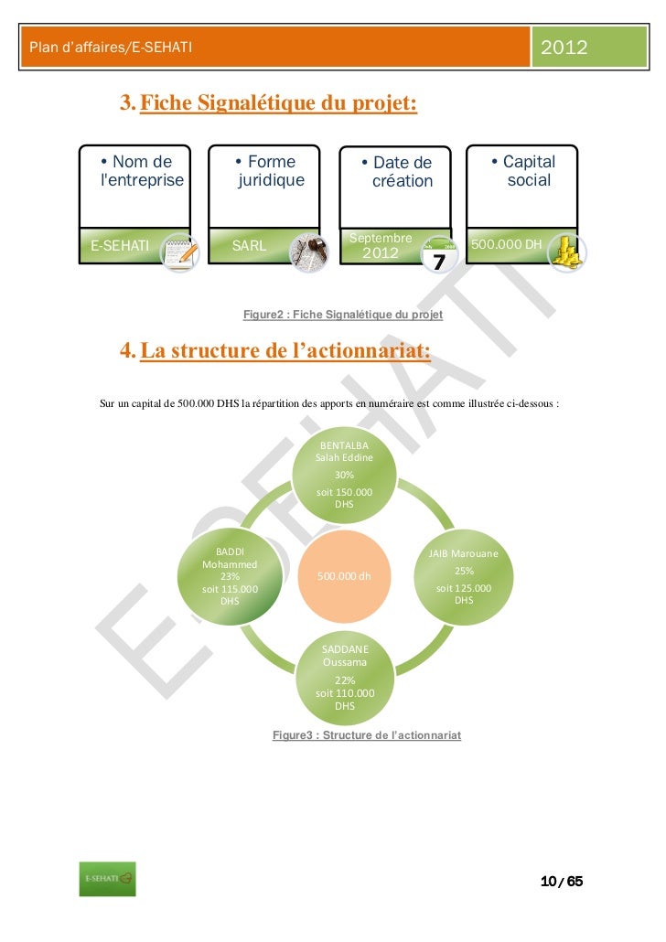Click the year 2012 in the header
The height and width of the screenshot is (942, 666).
pos(565,47)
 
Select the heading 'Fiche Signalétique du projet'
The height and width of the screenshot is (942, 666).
pos(278,105)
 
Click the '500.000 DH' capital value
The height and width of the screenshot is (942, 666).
pos(506,245)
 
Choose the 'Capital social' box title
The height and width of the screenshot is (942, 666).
pos(523,171)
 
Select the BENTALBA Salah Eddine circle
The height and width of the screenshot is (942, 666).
pos(344,475)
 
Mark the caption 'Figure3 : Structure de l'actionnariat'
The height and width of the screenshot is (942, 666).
pos(367,735)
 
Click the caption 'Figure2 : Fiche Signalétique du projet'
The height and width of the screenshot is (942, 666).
pos(343,315)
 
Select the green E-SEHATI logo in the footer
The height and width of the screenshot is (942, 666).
pos(106,879)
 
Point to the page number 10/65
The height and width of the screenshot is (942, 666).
pos(561,882)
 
